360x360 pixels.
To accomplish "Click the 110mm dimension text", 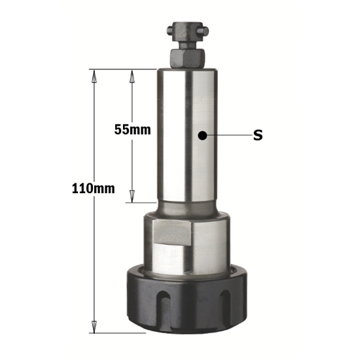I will [94, 189].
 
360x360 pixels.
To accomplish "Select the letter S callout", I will [257, 136].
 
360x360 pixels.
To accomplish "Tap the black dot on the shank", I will [204, 136].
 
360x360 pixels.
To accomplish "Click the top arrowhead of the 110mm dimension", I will [94, 73].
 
